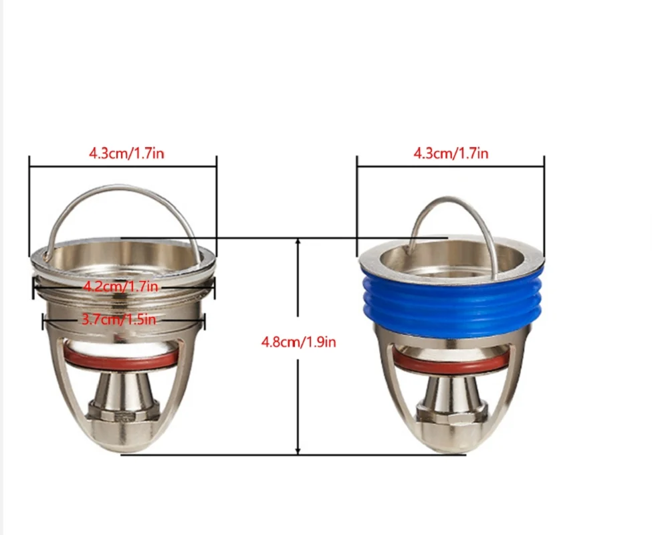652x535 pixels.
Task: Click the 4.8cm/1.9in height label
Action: pyautogui.click(x=298, y=342)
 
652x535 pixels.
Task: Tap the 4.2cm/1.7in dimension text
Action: pyautogui.click(x=120, y=286)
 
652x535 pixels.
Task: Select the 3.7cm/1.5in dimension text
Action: pyautogui.click(x=118, y=319)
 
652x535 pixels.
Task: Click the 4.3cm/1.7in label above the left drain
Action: pyautogui.click(x=126, y=153)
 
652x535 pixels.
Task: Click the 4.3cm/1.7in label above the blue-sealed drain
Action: pyautogui.click(x=451, y=153)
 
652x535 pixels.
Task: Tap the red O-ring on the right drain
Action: pyautogui.click(x=450, y=362)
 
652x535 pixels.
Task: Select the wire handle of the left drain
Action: pyautogui.click(x=120, y=189)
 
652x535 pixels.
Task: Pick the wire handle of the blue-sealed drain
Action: pyautogui.click(x=453, y=201)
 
